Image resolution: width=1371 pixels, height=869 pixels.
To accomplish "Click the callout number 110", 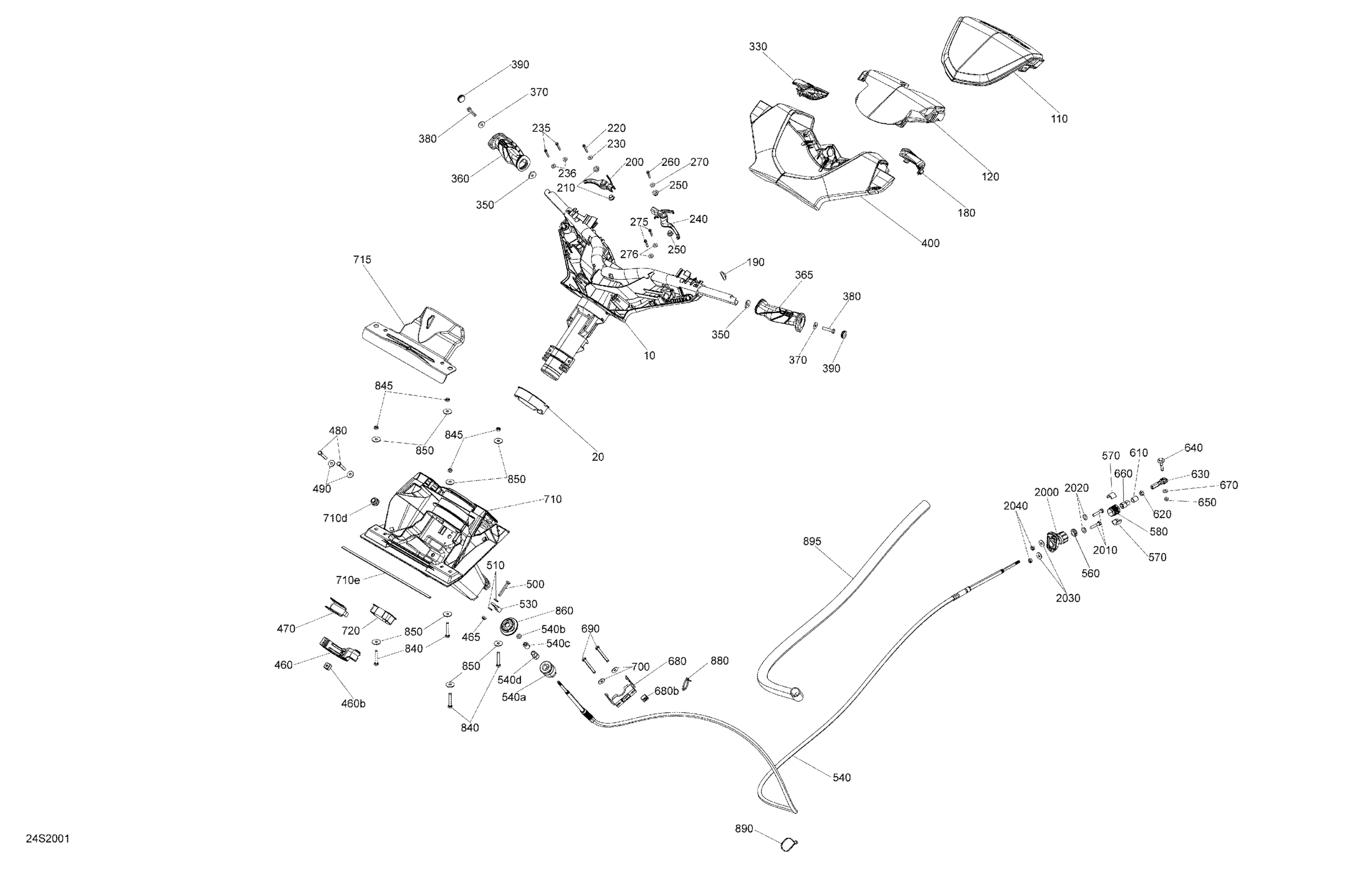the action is [x=1059, y=119].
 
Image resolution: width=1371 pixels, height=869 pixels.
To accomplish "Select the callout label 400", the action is [x=930, y=243].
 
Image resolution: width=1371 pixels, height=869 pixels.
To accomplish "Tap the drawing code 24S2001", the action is [x=48, y=839].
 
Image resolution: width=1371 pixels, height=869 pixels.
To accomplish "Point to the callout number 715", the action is [x=362, y=260].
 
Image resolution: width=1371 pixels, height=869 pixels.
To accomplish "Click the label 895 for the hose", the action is [x=812, y=542].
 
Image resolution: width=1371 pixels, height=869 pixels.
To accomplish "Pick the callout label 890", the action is [x=744, y=829].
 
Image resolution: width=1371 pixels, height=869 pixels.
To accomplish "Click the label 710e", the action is [x=348, y=580].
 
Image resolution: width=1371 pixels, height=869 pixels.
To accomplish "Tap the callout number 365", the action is [x=804, y=275].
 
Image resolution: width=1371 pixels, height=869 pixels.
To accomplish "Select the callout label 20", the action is [x=598, y=457].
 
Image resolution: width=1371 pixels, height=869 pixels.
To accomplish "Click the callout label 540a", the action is [x=514, y=697].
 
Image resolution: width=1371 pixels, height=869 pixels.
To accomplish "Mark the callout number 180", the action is [x=966, y=213].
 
